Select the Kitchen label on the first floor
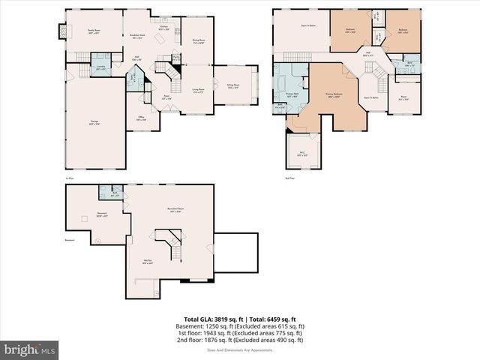[163, 27]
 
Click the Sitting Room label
[232, 87]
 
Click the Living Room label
[199, 91]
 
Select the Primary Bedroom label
[334, 95]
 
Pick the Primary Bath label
[292, 95]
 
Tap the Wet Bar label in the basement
[148, 262]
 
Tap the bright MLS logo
[30, 349]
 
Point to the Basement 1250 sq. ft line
[240, 327]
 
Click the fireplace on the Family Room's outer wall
[61, 32]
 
